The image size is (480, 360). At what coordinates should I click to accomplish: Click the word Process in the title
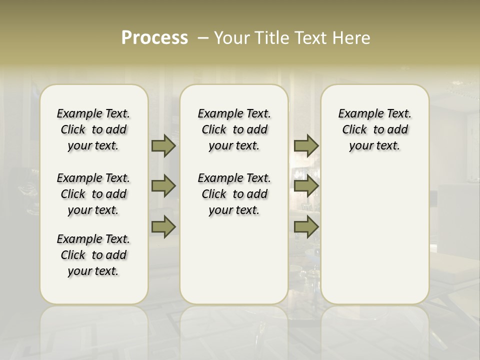coord(154,38)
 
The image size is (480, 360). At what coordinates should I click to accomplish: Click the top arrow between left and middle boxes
coord(163,145)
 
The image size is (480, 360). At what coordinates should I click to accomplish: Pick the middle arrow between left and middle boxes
coord(163,186)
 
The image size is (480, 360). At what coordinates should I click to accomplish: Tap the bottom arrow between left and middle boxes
coord(163,226)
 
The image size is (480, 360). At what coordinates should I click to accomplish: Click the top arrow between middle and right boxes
coord(306,145)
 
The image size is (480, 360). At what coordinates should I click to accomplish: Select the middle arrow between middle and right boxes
coord(306,186)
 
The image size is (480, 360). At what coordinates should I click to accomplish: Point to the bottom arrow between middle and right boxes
coord(306,226)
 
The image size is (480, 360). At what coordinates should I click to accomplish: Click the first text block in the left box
coord(93,129)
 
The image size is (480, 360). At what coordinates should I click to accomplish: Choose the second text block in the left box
coord(93,194)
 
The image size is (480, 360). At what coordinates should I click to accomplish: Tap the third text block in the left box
coord(93,255)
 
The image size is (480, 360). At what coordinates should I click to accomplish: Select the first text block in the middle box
coord(234,129)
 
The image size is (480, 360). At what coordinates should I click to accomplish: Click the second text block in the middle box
coord(234,194)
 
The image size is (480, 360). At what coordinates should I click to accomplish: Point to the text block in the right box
coord(374,129)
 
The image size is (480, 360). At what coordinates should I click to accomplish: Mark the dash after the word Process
coord(203,38)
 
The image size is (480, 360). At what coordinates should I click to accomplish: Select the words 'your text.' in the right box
coord(374,146)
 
